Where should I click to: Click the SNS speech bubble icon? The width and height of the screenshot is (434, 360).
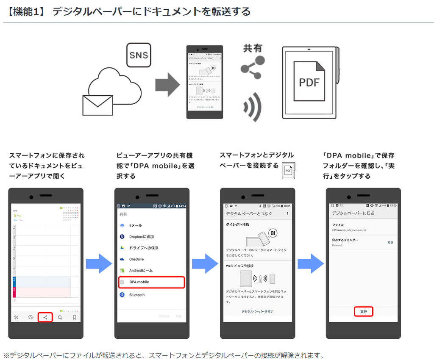coord(139,55)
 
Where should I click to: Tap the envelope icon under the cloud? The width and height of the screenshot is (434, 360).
coord(97,105)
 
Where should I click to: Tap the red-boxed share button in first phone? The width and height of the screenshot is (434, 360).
coord(45,317)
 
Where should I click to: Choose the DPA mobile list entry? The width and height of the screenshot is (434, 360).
coord(151,282)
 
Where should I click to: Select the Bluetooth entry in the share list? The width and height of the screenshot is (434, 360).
coord(136,295)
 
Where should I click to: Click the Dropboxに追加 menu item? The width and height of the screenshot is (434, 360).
coord(141,237)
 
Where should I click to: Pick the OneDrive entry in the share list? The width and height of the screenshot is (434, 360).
coord(136,259)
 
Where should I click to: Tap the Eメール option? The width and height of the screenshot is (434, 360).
coord(136,225)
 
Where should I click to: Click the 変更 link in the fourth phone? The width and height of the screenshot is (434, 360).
coord(390,242)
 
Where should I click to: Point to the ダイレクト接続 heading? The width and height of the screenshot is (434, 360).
coord(237,224)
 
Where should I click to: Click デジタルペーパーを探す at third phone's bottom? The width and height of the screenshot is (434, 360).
coord(257,311)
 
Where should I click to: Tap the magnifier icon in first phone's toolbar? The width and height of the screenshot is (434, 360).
coord(60,317)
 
